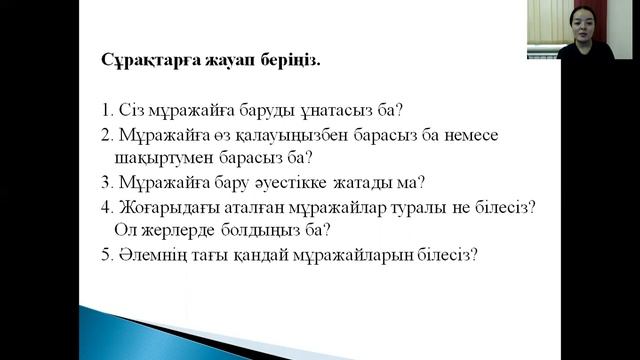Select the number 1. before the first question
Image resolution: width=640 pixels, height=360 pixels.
[107, 109]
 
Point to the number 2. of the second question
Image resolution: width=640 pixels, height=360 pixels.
[107, 133]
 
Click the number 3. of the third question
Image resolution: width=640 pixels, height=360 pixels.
[107, 182]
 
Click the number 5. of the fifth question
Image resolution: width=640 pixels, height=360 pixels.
[107, 255]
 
